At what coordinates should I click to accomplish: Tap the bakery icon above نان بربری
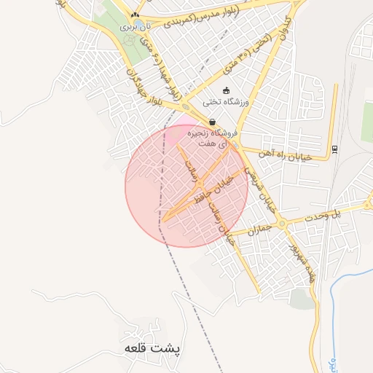(135, 14)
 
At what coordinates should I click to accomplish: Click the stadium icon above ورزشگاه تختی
(227, 90)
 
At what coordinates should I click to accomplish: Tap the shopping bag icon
(212, 122)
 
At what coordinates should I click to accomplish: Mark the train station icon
(334, 149)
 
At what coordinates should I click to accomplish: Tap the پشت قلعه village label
(152, 348)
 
